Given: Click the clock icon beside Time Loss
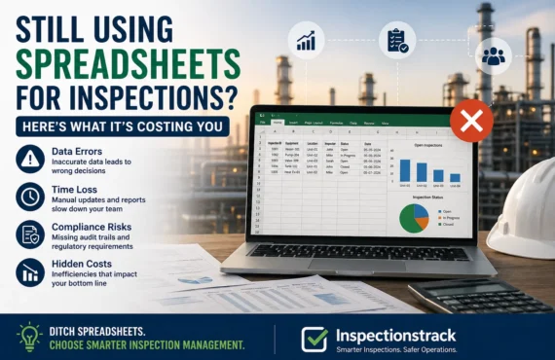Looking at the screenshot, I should pyautogui.click(x=30, y=196).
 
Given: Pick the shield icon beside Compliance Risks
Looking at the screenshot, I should pyautogui.click(x=30, y=234).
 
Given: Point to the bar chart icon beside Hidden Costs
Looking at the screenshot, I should pyautogui.click(x=30, y=271).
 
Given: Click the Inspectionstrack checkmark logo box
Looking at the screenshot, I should pyautogui.click(x=314, y=337).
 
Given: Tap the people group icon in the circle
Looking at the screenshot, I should pyautogui.click(x=493, y=55).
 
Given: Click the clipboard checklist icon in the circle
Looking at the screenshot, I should pyautogui.click(x=396, y=40).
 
